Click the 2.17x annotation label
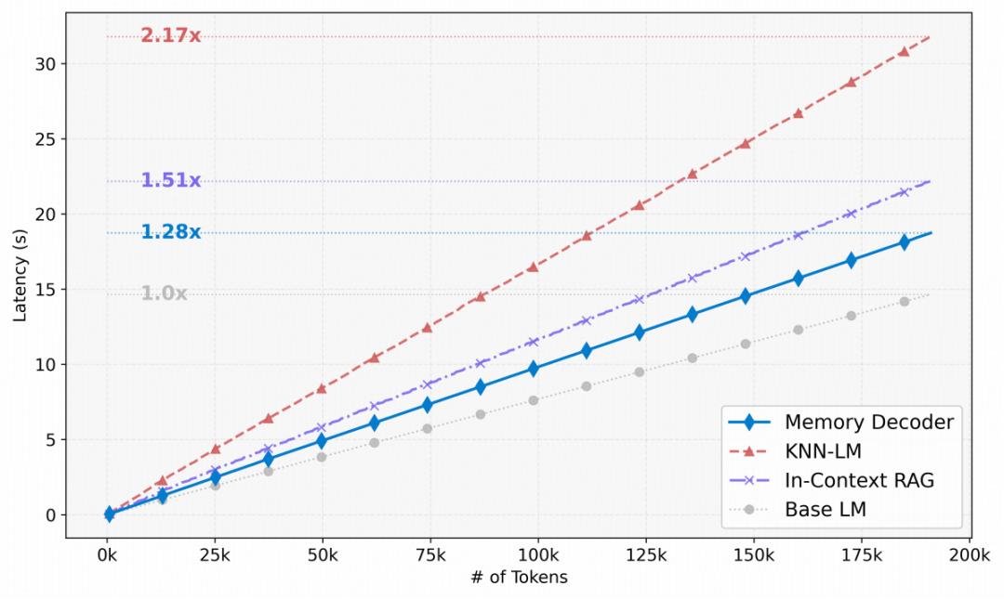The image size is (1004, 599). (x=170, y=36)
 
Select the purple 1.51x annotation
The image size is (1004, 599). (x=170, y=180)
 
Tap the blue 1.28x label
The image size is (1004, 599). (x=170, y=232)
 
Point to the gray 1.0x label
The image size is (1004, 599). (x=164, y=293)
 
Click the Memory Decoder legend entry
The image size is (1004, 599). (x=868, y=422)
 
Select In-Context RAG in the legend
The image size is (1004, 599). (x=859, y=480)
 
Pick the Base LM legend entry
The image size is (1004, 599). (x=825, y=509)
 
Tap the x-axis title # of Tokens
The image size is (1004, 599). (x=520, y=578)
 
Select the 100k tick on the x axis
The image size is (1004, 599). (x=538, y=555)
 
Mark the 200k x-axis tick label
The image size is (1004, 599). (x=970, y=555)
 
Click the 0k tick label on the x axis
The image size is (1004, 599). (x=108, y=555)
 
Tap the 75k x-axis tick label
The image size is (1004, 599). (x=430, y=555)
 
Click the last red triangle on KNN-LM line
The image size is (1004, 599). (x=904, y=51)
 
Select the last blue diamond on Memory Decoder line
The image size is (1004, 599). (x=904, y=242)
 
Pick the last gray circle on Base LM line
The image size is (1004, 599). (x=904, y=302)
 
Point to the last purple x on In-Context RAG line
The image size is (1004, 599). (x=904, y=192)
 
